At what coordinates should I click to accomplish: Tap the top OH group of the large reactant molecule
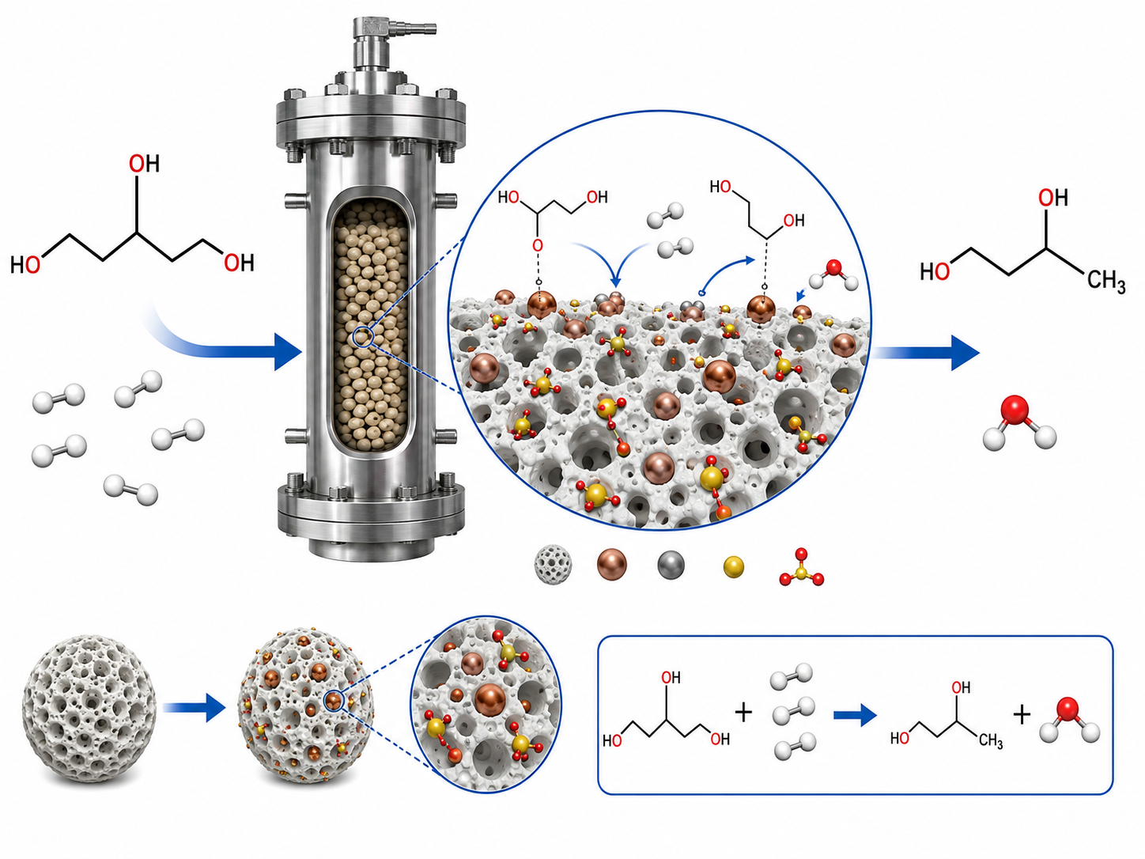click(144, 164)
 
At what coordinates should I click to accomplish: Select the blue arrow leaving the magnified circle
click(926, 353)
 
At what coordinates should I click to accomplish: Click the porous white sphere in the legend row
click(553, 565)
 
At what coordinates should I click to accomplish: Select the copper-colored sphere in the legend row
click(612, 564)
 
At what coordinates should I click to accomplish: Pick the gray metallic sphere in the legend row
click(671, 565)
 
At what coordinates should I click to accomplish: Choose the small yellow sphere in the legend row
click(734, 567)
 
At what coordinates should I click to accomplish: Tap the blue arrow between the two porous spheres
click(194, 708)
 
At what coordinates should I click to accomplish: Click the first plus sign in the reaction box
click(743, 712)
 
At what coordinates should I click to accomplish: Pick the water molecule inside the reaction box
click(1069, 721)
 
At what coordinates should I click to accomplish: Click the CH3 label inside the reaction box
click(991, 740)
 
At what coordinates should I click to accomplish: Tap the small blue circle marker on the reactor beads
click(363, 337)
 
